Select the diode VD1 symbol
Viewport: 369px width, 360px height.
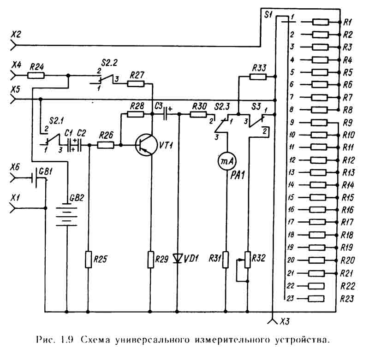(x=179, y=258)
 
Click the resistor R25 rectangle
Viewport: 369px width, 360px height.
(x=89, y=259)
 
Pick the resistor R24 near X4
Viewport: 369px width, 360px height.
(x=36, y=75)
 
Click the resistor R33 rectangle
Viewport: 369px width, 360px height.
(x=259, y=76)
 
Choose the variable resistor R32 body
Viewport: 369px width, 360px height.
(x=248, y=259)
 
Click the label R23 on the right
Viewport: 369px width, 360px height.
(x=347, y=299)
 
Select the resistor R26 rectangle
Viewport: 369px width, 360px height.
(x=106, y=145)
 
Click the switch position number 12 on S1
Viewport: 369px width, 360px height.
(x=292, y=160)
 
